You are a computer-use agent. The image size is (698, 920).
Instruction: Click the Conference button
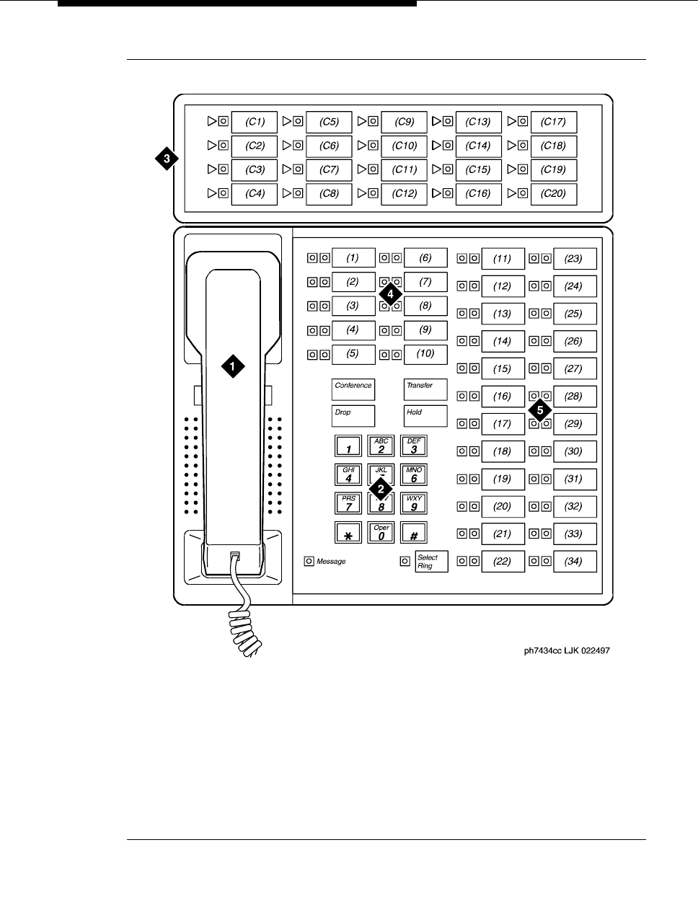click(x=353, y=390)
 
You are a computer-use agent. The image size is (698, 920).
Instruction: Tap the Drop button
click(x=353, y=416)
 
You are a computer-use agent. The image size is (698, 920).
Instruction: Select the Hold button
click(x=425, y=416)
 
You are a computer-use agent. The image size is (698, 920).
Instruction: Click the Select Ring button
click(x=431, y=562)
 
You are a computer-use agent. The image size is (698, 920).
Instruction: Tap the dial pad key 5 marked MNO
click(x=414, y=474)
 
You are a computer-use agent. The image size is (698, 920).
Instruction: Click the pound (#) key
click(x=414, y=533)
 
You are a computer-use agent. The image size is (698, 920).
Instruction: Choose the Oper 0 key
click(x=381, y=533)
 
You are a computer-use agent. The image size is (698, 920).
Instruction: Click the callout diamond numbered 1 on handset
click(x=231, y=366)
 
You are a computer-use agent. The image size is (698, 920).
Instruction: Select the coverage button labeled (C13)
click(x=479, y=122)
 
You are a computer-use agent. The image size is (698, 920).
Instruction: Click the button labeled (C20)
click(x=554, y=193)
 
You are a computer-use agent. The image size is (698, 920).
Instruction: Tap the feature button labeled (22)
click(x=502, y=562)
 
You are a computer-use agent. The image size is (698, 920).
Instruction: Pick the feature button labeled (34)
click(x=574, y=562)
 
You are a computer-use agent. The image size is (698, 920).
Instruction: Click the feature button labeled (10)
click(x=425, y=354)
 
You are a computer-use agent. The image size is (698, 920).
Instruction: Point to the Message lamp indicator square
click(x=309, y=562)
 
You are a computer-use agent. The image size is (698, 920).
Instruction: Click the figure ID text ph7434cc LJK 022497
click(x=567, y=650)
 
